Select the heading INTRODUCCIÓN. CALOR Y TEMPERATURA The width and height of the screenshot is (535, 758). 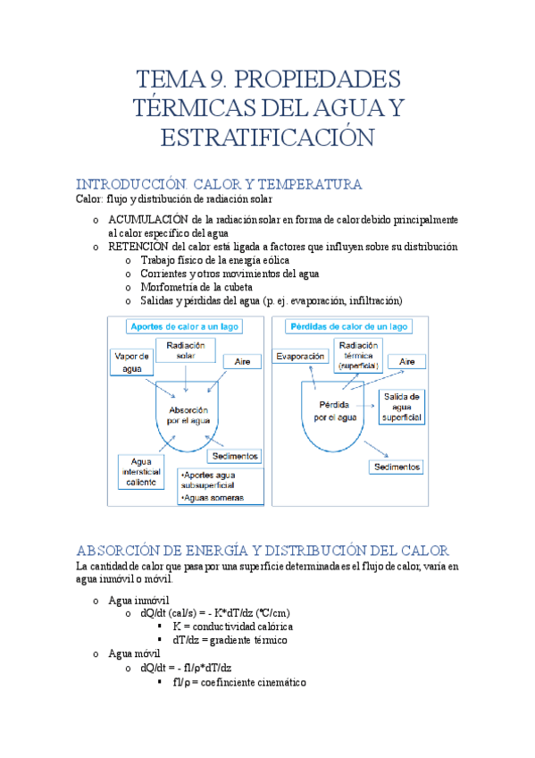point(219,184)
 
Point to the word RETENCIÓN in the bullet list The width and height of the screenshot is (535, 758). point(141,246)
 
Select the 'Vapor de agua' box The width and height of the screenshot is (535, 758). point(131,363)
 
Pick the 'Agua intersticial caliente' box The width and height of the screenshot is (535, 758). point(140,470)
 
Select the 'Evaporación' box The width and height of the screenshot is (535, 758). point(300,357)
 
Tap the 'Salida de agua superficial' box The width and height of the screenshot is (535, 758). point(402,406)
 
